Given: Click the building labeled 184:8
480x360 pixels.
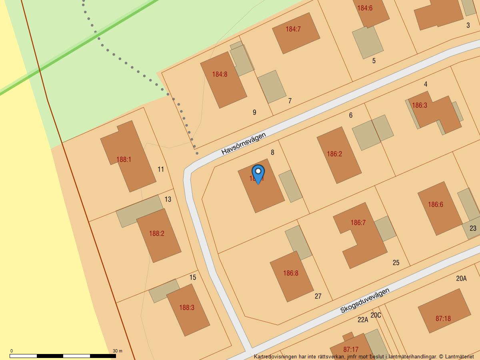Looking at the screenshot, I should tap(223, 80).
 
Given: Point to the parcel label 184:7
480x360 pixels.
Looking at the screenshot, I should tap(293, 29).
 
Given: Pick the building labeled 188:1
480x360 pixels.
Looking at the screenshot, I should tap(127, 156).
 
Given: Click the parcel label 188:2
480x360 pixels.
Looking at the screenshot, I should tap(157, 233).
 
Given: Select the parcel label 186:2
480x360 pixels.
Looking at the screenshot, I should tap(334, 154).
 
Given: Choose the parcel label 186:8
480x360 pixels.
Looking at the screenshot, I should tap(291, 273).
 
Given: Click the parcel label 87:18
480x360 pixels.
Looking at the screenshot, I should tap(443, 318).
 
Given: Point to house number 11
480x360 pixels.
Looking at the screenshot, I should tap(161, 169).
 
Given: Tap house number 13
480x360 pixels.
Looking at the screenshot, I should tap(168, 199).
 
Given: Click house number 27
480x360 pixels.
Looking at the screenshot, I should tap(318, 296).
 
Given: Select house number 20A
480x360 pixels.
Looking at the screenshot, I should tap(461, 278).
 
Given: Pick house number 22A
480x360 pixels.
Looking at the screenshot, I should tap(363, 320).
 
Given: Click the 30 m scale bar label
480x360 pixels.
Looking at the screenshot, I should tap(118, 351).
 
